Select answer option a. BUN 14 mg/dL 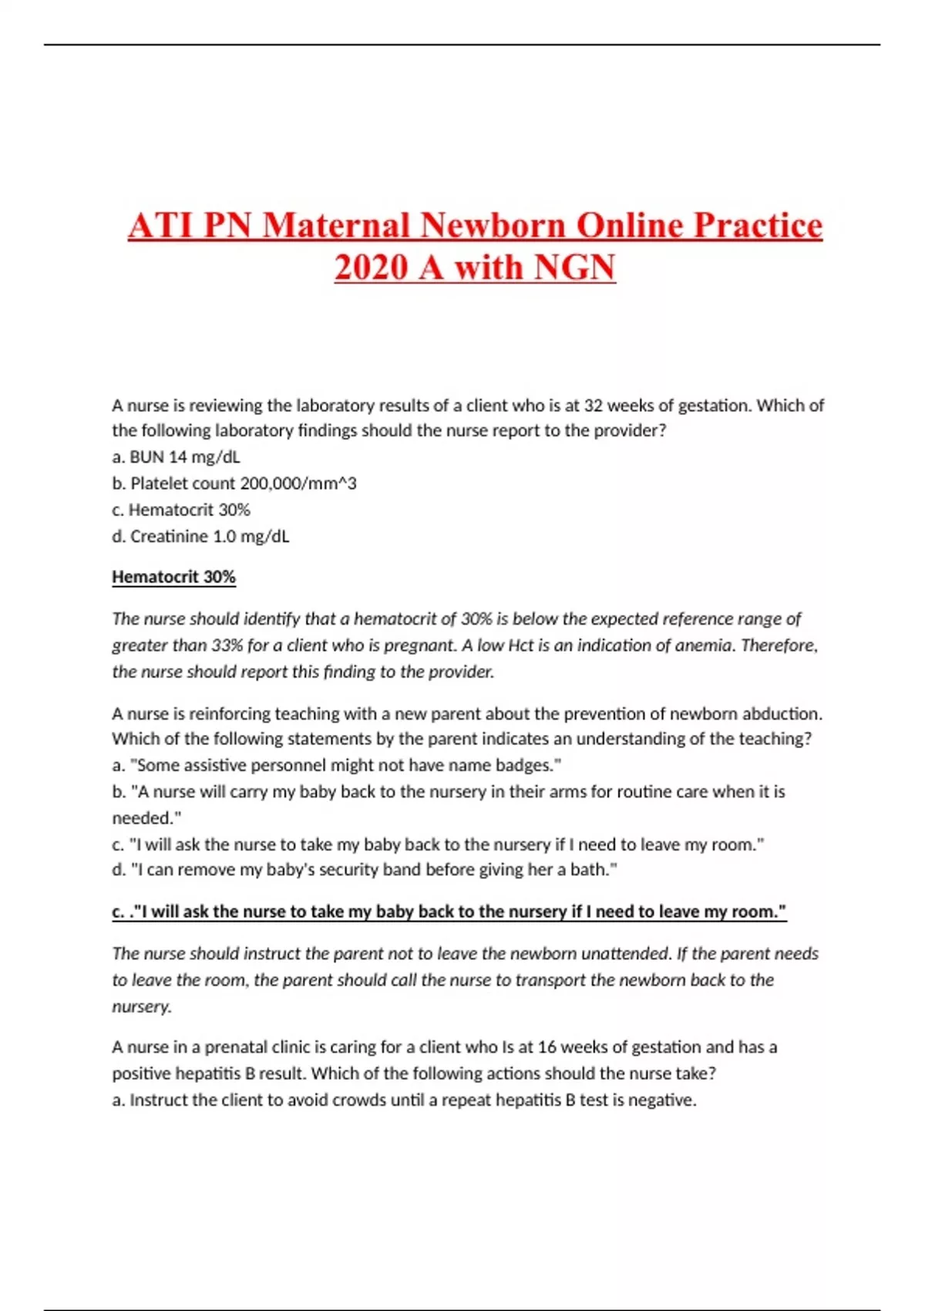[176, 457]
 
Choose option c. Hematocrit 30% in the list [181, 510]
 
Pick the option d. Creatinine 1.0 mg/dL [200, 536]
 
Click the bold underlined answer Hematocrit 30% [173, 577]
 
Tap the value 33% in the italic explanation [227, 645]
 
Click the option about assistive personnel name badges [336, 765]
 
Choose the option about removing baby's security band [364, 869]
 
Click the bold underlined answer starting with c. [449, 912]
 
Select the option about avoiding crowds [404, 1100]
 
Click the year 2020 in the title [371, 268]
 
